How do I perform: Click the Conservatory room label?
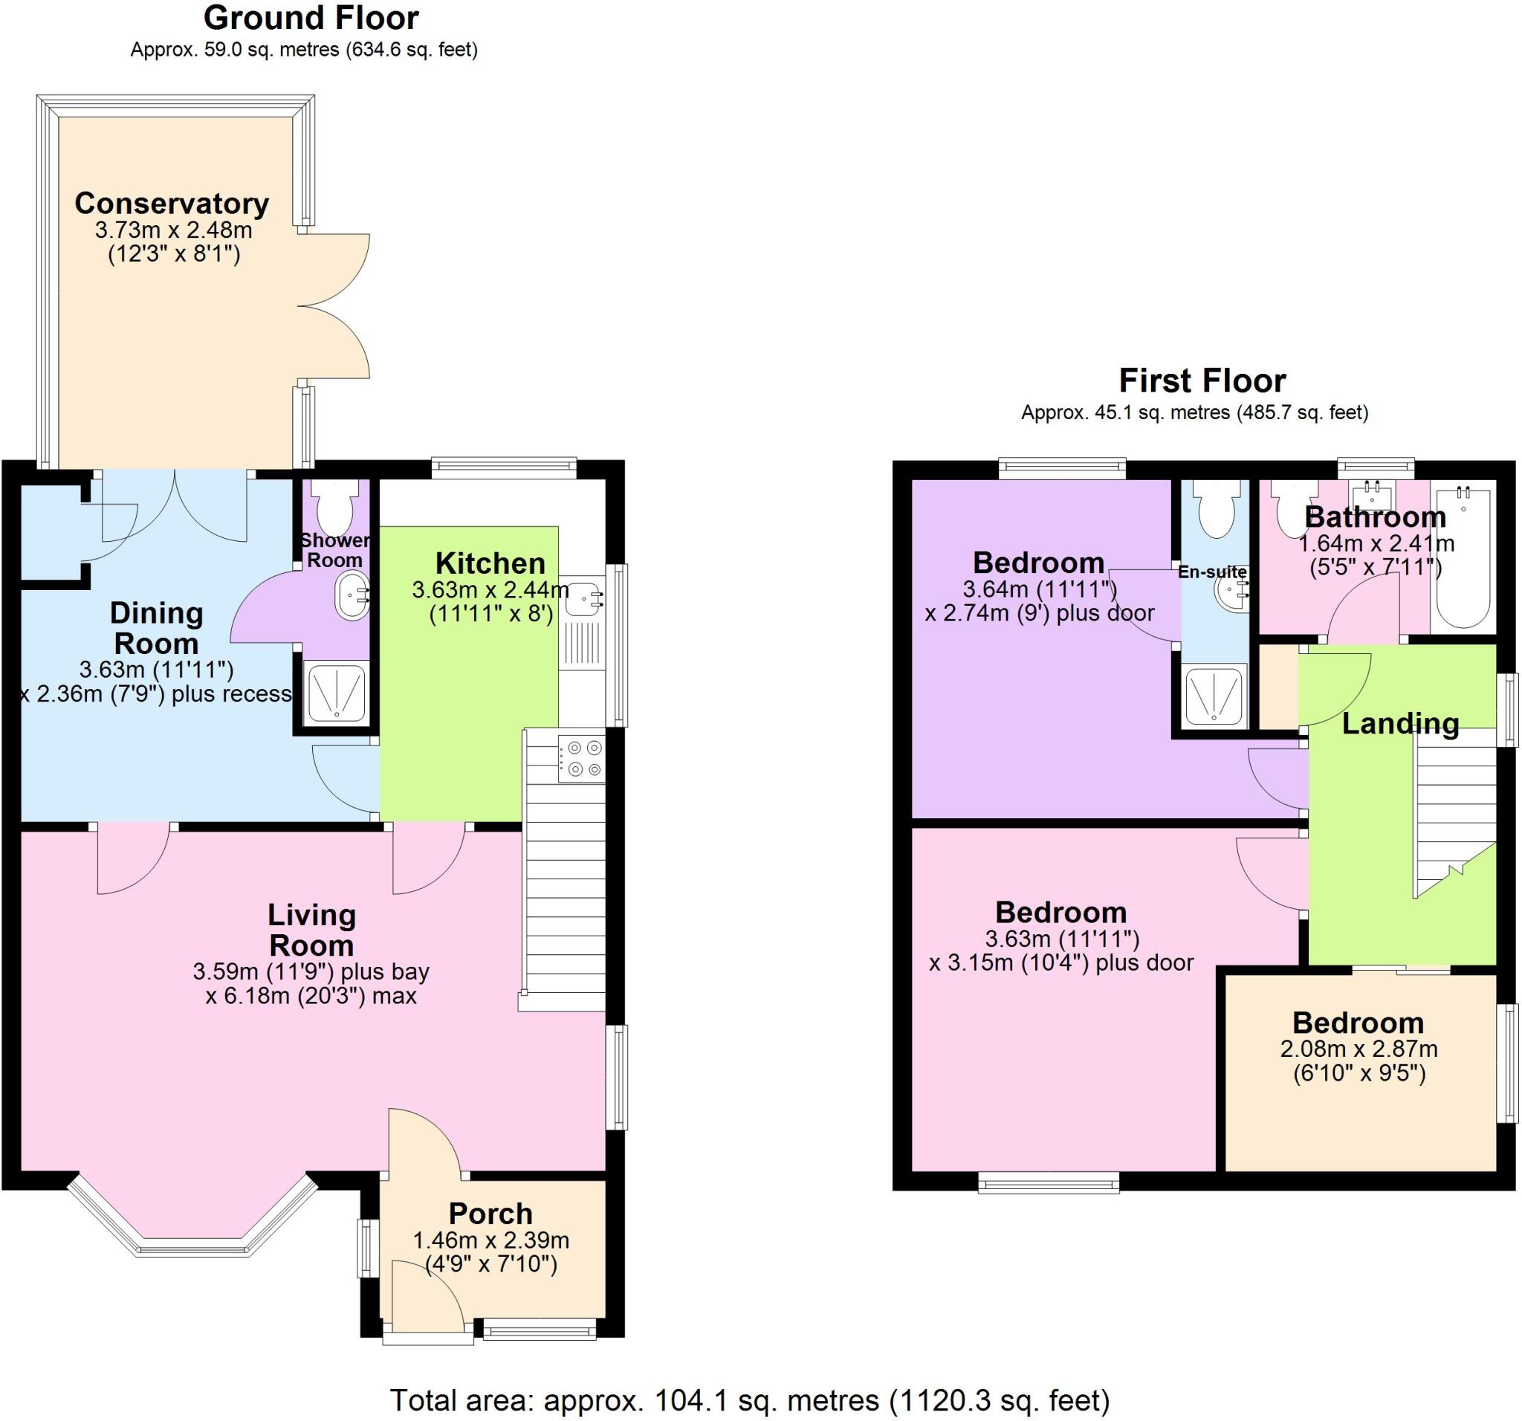pos(172,204)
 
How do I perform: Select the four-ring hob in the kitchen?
pos(582,758)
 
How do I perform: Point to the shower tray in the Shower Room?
pos(337,692)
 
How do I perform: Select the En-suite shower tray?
pos(1216,696)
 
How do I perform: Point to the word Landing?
pos(1400,724)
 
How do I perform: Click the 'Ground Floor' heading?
pos(311,19)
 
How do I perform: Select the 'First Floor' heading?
pos(1202,381)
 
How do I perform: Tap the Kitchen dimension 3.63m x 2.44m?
pos(490,590)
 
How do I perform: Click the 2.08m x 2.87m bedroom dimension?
pos(1359,1049)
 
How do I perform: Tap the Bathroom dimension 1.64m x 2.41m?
pos(1376,543)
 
